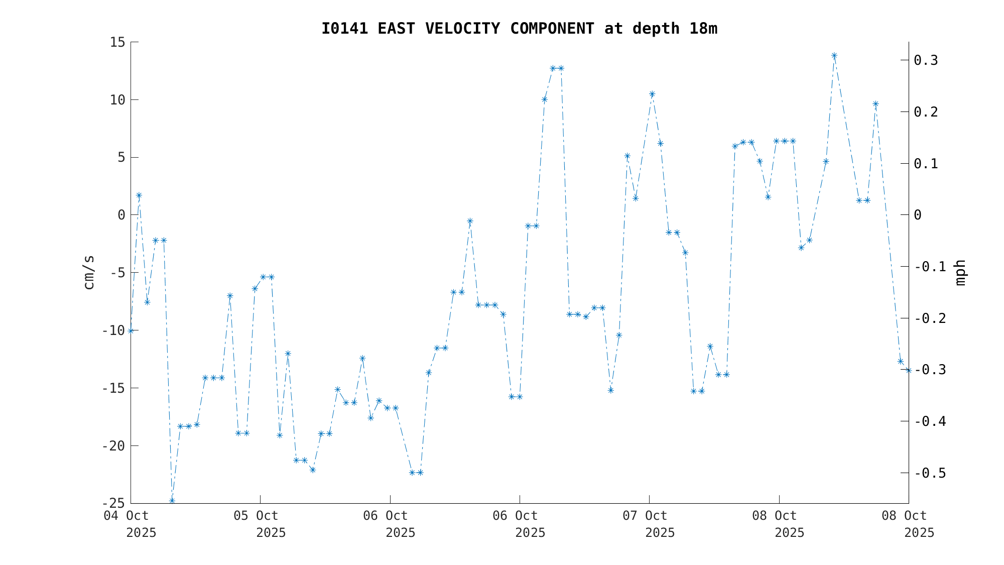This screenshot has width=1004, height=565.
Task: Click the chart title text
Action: [519, 29]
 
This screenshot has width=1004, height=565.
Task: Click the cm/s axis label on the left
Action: [89, 272]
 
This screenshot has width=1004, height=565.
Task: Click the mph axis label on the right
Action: [960, 272]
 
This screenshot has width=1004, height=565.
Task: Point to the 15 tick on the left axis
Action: [117, 42]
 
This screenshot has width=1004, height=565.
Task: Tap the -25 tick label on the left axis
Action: [113, 503]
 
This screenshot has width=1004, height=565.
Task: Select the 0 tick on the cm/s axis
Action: [121, 215]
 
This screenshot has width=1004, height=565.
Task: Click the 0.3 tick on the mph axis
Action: [926, 60]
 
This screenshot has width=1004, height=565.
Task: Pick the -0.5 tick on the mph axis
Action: [930, 473]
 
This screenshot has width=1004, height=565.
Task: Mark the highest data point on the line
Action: [834, 56]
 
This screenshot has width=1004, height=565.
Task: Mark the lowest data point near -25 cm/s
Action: [172, 501]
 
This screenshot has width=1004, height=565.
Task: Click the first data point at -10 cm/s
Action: [131, 331]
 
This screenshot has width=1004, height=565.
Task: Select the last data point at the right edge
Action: [908, 370]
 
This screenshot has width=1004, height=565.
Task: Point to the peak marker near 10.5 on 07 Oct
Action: [652, 94]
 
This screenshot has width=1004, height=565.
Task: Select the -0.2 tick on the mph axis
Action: [930, 318]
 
